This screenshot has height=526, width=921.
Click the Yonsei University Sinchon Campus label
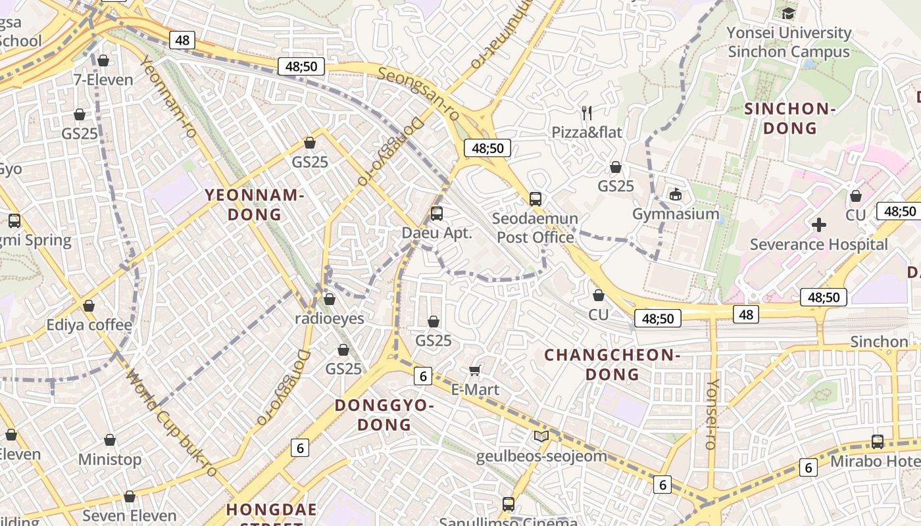click(789, 42)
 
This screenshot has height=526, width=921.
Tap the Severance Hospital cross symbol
click(819, 225)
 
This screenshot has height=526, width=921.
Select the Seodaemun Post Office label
click(535, 227)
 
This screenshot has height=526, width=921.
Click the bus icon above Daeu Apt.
click(437, 214)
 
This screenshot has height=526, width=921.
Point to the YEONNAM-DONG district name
click(254, 204)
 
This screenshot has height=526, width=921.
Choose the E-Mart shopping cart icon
click(475, 371)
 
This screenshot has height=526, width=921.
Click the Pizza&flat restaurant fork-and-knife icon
click(587, 113)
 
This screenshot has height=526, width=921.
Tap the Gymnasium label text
click(676, 214)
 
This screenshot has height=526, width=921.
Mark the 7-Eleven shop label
click(103, 80)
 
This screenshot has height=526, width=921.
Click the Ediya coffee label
click(89, 325)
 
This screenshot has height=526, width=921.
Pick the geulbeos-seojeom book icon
click(541, 436)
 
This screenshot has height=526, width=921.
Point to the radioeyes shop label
click(329, 319)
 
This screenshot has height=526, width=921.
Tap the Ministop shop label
click(110, 459)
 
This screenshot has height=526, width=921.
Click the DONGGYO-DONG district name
click(385, 414)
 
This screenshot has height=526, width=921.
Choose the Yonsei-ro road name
click(712, 414)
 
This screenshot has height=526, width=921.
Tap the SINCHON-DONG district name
click(789, 118)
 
